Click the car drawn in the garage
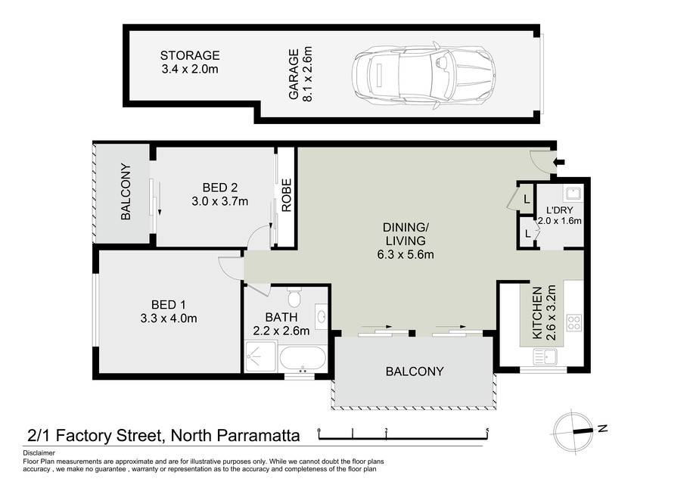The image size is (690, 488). [424, 76]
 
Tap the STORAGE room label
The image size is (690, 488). [190, 55]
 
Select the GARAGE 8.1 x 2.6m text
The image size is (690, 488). [300, 74]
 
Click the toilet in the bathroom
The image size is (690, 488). [294, 298]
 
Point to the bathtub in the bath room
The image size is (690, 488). [303, 358]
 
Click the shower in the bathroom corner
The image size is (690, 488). [260, 356]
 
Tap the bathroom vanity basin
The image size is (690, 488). [322, 316]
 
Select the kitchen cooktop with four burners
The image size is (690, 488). [573, 322]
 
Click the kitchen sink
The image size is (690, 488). [545, 356]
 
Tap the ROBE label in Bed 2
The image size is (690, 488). [287, 195]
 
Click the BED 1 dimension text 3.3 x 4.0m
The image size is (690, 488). [169, 319]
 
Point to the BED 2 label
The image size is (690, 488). [220, 188]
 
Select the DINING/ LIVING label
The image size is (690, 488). [406, 234]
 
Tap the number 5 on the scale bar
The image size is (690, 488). [487, 430]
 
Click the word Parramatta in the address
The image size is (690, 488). [258, 436]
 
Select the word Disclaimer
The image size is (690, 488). [39, 452]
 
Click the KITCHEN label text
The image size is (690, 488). [537, 313]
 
